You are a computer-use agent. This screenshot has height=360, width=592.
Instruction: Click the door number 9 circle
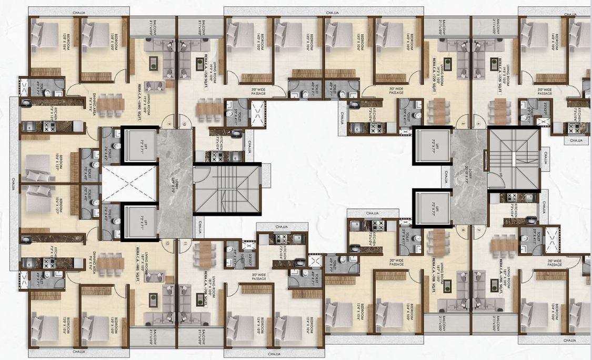pos(169,125)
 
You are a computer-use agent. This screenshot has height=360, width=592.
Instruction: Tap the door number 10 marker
pos(185,125)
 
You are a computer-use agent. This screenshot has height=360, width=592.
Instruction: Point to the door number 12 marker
pos(166,243)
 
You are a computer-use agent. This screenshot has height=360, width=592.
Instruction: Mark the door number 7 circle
pos(478,230)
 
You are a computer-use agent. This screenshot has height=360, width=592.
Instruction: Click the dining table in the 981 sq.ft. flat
pos(111,261)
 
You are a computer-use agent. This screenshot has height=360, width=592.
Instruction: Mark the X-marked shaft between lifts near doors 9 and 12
pos(129,184)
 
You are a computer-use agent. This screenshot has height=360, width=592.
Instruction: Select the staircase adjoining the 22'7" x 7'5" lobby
pos(227,189)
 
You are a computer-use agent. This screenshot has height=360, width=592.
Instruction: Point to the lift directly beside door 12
pos(140,221)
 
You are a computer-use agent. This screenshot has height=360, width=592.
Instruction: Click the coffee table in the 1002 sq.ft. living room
pos(153,63)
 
